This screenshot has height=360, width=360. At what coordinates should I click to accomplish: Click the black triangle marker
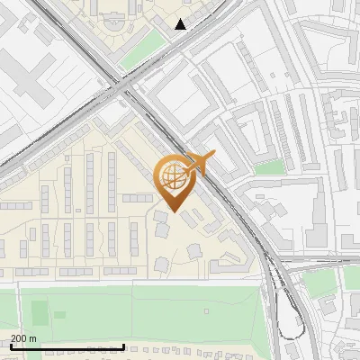coord(181,24)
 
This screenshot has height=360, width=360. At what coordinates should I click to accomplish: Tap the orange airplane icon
coord(201,162)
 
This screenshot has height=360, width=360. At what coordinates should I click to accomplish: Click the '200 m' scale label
coord(23,338)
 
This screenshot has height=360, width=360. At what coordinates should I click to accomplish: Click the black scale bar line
coord(67,346)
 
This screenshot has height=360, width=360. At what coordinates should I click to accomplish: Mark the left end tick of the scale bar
coord(12,346)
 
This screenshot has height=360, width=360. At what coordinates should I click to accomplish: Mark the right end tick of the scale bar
coord(123,346)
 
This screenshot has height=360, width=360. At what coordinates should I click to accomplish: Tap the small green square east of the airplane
coord(268,167)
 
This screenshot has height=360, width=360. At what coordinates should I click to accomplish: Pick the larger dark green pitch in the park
coord(40,313)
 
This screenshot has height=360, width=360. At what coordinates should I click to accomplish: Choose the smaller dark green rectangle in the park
coord(61,314)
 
